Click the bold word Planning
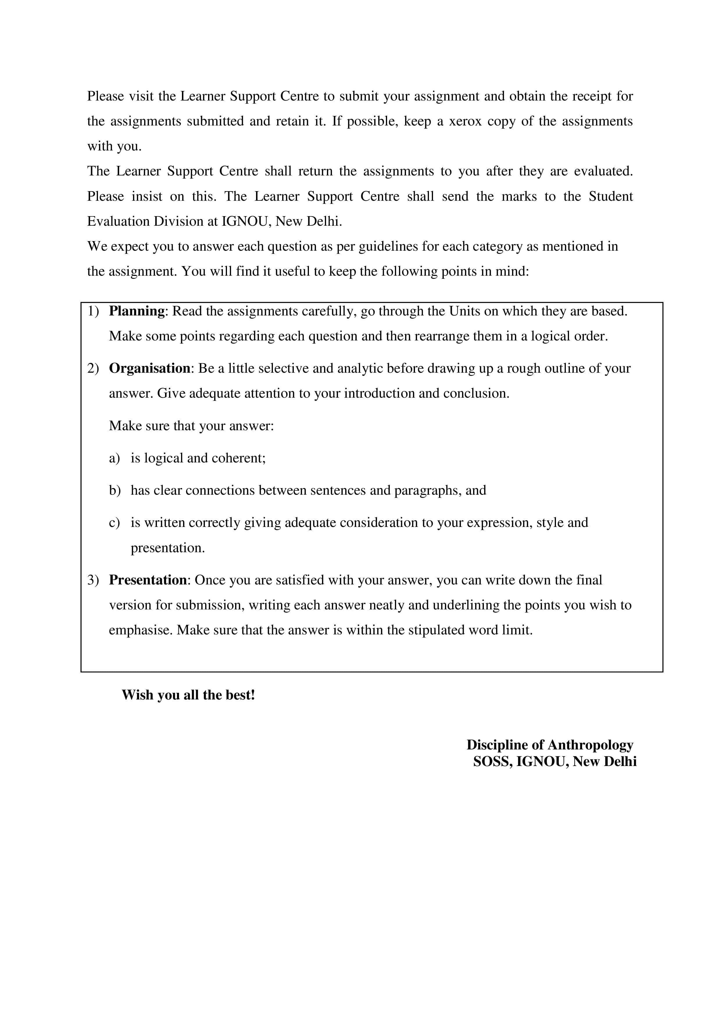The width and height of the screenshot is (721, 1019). pos(137,312)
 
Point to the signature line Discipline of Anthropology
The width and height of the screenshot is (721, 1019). pos(550,745)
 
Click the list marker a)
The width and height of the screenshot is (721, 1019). pos(114,458)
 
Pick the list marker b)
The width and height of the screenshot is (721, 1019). pos(114,490)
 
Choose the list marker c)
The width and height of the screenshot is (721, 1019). pos(114,523)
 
